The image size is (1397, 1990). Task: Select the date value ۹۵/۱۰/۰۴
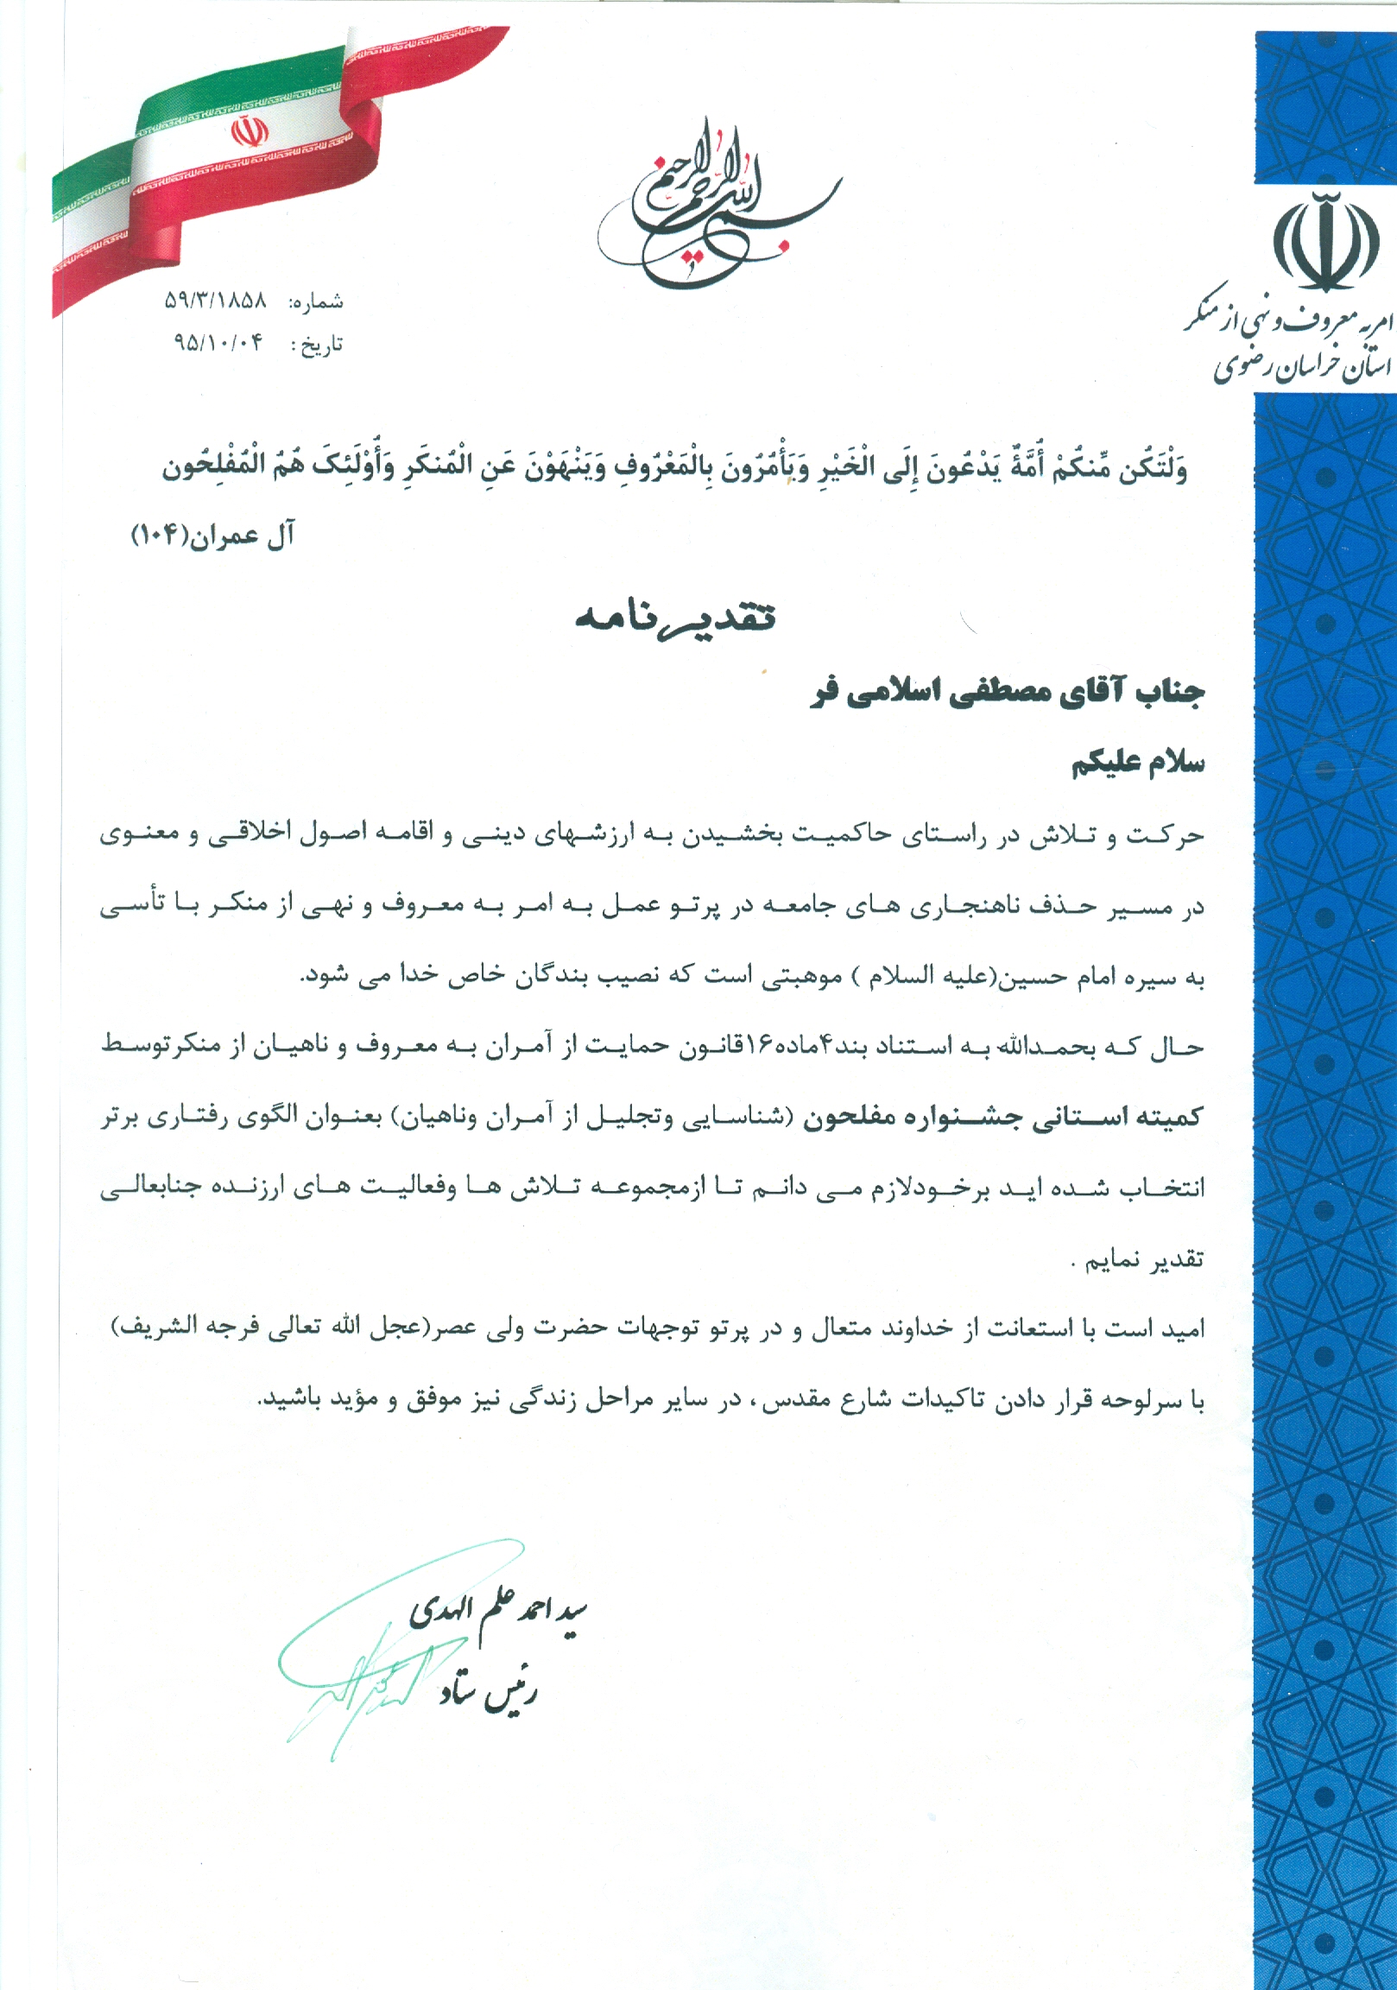click(218, 343)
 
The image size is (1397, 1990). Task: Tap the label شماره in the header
click(316, 302)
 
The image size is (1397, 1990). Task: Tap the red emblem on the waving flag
click(249, 133)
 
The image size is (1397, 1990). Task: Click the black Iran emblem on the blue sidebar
click(1325, 242)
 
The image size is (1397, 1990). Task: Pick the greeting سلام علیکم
click(1138, 764)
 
